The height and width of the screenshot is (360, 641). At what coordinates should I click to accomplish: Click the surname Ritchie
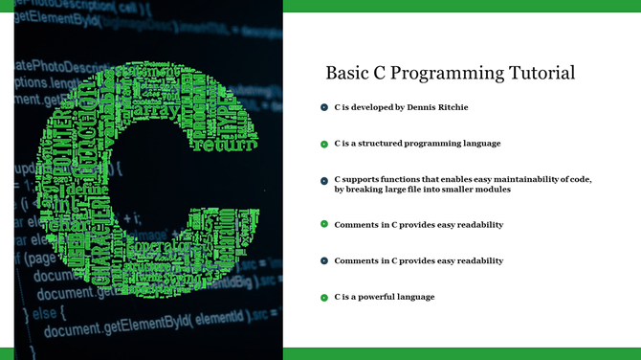(453, 107)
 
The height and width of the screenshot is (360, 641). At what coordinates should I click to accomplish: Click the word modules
(490, 190)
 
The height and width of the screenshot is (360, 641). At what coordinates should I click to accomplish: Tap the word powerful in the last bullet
(378, 297)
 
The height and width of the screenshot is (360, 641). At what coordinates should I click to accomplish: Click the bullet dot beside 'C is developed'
(324, 107)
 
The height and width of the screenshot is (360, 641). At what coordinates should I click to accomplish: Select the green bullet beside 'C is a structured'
(324, 144)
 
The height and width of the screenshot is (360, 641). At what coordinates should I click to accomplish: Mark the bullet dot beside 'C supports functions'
(324, 180)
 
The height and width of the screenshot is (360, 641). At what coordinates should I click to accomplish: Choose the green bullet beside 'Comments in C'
(324, 225)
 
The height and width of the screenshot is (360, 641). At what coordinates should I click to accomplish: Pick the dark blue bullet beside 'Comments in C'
(324, 260)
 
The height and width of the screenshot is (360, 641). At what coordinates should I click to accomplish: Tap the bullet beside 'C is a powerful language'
(324, 298)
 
